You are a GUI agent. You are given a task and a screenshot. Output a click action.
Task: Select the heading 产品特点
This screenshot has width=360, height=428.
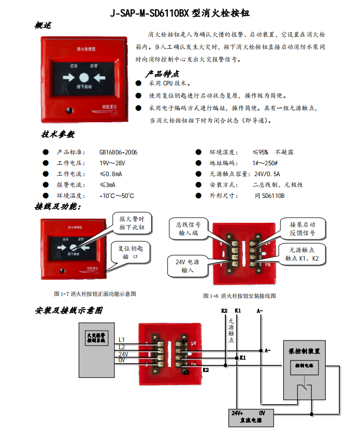click(x=162, y=74)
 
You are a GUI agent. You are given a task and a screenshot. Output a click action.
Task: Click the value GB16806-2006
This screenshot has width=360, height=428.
click(x=118, y=152)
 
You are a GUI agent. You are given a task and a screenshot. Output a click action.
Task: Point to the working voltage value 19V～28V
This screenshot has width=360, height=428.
click(x=112, y=163)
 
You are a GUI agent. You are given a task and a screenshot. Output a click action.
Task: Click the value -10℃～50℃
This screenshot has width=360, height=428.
click(x=117, y=196)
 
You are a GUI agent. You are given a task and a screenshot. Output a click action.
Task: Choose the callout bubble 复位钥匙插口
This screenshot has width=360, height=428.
click(x=129, y=252)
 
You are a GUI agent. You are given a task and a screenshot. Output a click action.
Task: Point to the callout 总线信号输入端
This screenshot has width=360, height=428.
click(x=188, y=229)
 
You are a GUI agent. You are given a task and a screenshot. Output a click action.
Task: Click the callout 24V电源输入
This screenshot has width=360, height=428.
click(x=186, y=266)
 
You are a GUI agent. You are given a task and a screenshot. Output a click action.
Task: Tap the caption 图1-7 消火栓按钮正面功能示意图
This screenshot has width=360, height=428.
click(x=95, y=294)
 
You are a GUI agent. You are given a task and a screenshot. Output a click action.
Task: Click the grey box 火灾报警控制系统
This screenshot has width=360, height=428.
click(x=95, y=338)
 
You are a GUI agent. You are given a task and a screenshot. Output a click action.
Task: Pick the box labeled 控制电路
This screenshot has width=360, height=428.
click(x=305, y=365)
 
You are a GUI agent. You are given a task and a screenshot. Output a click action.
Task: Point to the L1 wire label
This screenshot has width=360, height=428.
click(x=122, y=339)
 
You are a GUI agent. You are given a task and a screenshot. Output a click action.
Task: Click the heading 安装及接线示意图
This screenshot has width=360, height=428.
click(x=69, y=310)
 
